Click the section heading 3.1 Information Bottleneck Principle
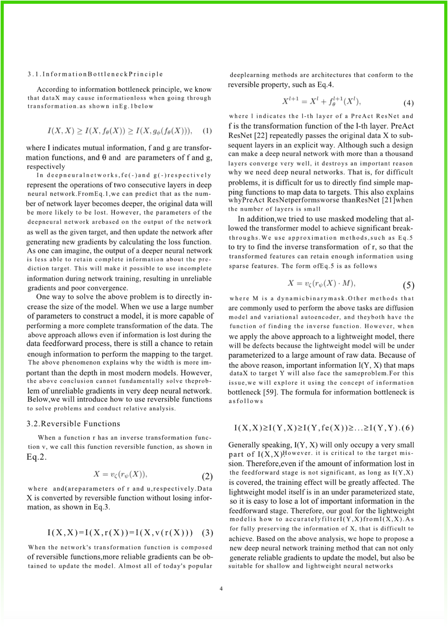[x=95, y=74]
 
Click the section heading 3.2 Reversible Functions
[x=73, y=424]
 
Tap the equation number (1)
[x=207, y=131]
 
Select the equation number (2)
[x=207, y=476]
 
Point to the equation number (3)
[x=207, y=533]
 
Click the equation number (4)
[x=408, y=103]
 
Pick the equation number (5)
[x=408, y=285]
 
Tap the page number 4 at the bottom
[x=221, y=589]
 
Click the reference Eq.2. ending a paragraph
[x=37, y=457]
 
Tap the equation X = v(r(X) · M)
[x=322, y=284]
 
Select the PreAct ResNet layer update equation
[x=321, y=101]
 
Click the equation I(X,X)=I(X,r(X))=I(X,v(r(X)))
[x=120, y=533]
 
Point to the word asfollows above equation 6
[x=246, y=401]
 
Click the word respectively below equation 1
[x=46, y=166]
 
